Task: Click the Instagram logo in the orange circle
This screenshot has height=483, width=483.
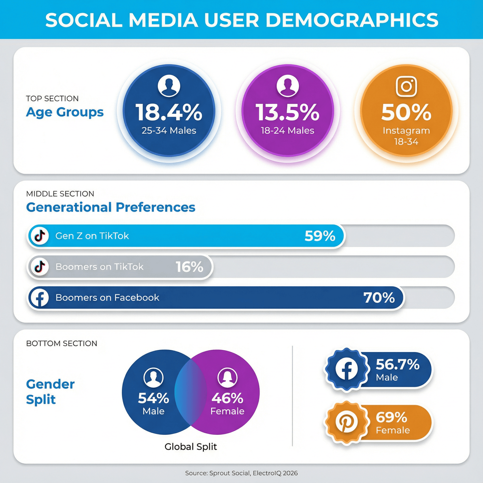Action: (406, 86)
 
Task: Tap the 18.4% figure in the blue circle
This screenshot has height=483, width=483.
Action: (169, 112)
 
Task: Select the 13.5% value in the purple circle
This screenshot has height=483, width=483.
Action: (287, 112)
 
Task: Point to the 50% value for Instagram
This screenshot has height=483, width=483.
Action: (406, 112)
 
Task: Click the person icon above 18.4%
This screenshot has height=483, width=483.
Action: (169, 86)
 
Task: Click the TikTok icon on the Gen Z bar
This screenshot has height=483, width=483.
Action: (40, 236)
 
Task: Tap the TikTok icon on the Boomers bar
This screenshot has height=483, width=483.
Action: (40, 267)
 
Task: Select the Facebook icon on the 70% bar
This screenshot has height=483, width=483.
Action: (40, 297)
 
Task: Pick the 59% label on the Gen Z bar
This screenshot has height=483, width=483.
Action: (320, 236)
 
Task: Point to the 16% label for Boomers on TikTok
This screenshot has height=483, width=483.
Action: (189, 267)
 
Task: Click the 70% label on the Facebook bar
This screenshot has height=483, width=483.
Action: (379, 297)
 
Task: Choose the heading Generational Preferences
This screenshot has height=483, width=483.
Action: (110, 207)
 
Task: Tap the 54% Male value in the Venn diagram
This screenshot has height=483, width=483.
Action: (153, 398)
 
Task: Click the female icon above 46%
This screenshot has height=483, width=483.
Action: (227, 378)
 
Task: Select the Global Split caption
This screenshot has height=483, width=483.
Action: (191, 447)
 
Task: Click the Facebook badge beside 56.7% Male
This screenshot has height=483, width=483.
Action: (346, 369)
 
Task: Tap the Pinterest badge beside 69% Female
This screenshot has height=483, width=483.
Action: (346, 422)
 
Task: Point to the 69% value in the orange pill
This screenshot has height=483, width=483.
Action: (391, 417)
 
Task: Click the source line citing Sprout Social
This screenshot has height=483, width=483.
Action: (241, 473)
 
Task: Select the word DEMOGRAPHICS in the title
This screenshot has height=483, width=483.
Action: (352, 20)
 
